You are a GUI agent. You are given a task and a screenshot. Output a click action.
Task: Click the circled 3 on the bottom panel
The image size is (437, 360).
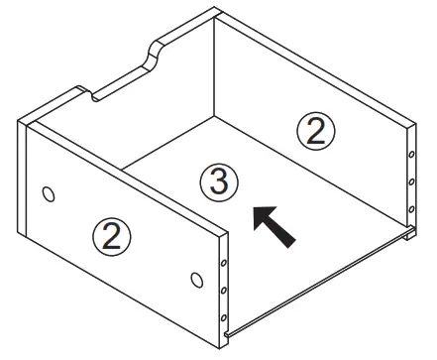(x=220, y=182)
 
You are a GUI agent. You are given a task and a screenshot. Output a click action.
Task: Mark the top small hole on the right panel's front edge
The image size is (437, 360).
(x=409, y=156)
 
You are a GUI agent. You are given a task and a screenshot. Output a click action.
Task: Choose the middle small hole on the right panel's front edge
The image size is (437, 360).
(x=409, y=182)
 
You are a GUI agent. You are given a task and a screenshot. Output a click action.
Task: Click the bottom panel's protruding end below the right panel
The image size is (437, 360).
(x=407, y=236)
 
